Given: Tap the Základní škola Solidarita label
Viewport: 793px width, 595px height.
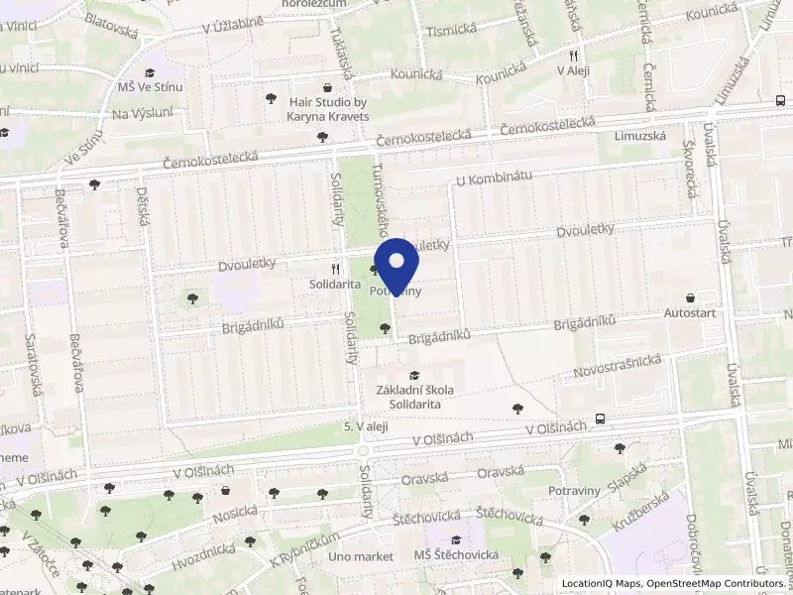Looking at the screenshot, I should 414,396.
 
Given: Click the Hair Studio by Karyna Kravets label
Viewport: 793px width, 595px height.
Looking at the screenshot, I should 328,109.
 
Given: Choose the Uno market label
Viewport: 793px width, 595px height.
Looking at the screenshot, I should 361,556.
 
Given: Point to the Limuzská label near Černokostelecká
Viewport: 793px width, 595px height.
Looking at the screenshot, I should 636,135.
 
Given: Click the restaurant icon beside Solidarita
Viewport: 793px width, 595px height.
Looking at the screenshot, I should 336,268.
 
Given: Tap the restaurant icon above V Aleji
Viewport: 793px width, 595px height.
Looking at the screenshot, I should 574,56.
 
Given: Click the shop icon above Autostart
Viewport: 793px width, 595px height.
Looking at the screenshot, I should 690,297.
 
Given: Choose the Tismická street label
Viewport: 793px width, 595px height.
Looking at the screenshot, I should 450,31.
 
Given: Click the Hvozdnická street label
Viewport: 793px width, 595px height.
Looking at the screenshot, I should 203,547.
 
